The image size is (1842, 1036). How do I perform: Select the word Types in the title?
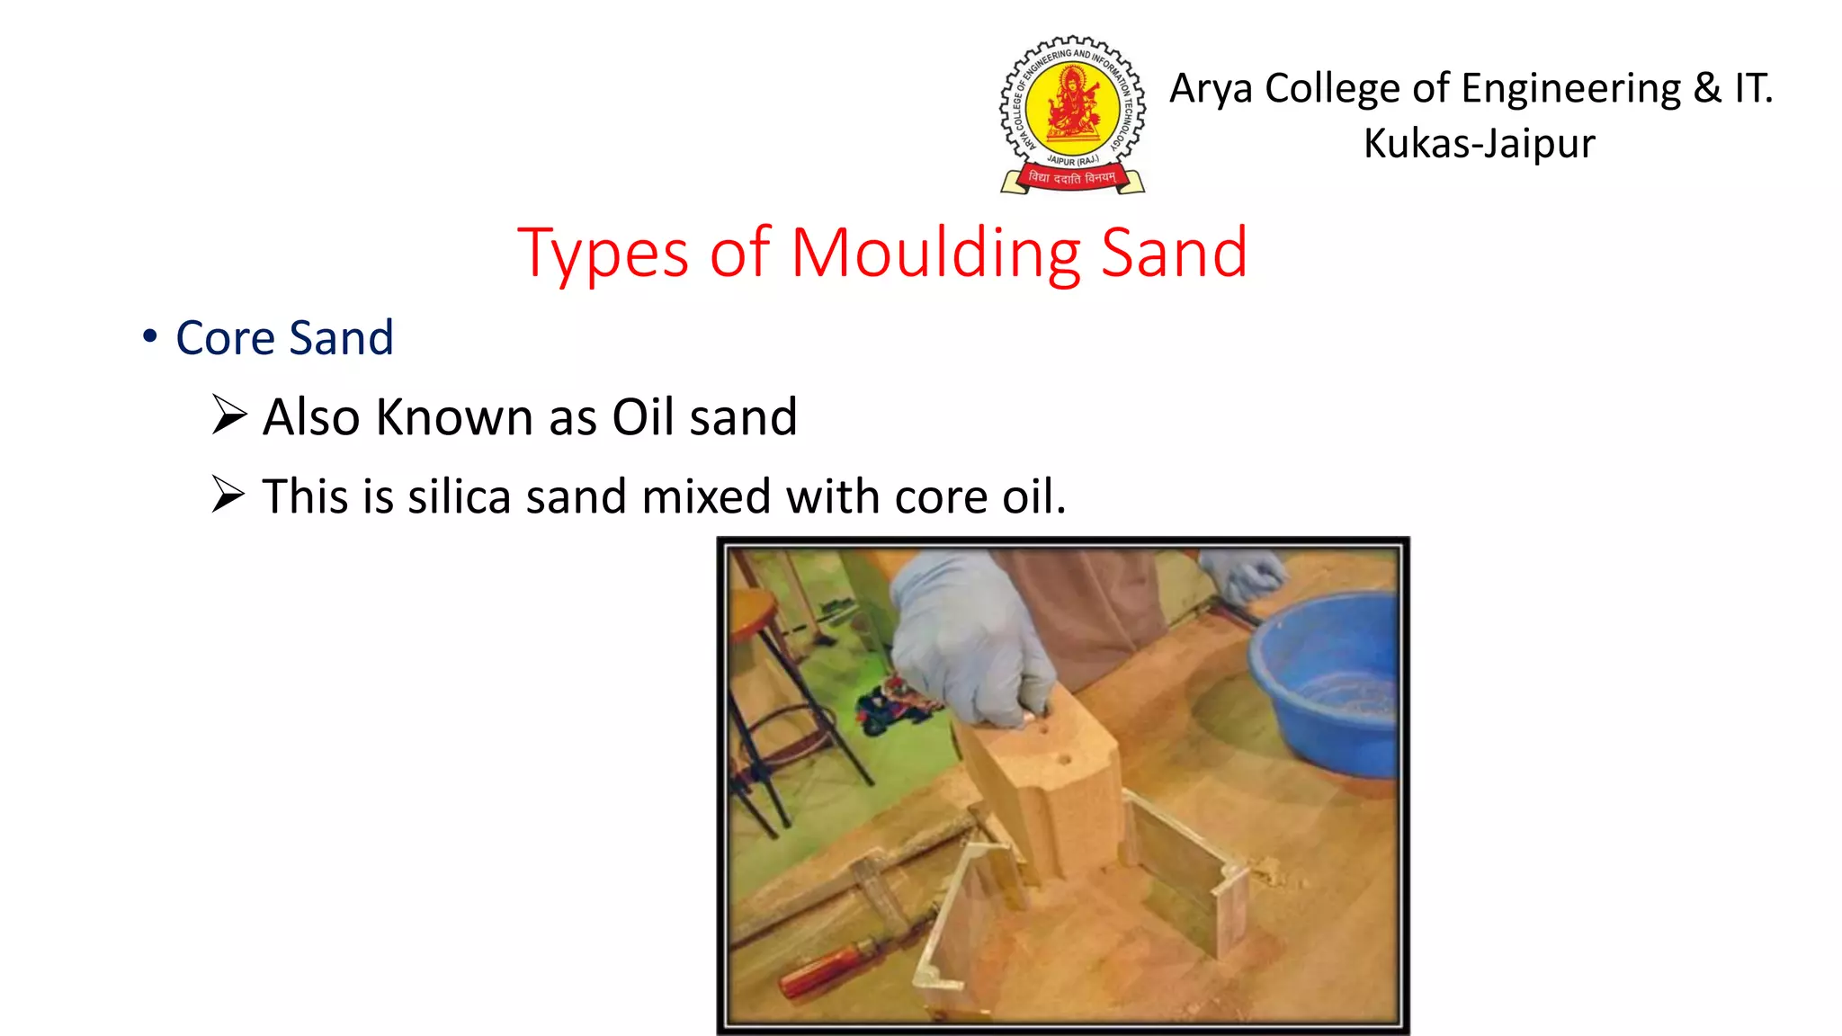603,255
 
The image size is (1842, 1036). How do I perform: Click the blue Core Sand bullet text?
284,338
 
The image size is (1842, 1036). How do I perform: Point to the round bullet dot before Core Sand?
150,336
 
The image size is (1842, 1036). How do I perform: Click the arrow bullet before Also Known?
229,415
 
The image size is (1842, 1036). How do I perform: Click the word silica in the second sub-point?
459,496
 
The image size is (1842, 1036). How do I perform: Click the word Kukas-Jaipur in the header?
1479,144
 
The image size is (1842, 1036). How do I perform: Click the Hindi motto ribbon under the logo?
1072,178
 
